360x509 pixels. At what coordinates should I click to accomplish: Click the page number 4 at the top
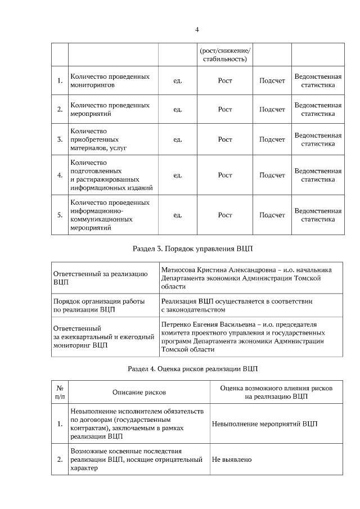tap(197, 30)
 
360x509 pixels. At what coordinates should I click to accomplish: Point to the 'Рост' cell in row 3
tap(225, 139)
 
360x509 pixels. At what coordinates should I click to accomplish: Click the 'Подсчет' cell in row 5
tap(272, 215)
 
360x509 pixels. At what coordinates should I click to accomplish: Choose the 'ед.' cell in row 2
tap(178, 109)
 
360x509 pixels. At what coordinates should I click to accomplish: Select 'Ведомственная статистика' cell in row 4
tap(318, 175)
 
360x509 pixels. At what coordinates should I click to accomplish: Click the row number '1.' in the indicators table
tap(60, 81)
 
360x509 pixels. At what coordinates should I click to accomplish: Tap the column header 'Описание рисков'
tap(139, 391)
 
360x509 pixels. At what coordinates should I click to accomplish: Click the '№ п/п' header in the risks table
tap(60, 391)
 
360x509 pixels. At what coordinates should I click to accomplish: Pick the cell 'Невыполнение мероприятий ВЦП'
tap(264, 424)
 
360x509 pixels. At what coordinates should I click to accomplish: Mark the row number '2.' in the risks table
tap(60, 460)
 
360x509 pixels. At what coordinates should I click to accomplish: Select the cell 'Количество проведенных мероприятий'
tap(110, 109)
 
